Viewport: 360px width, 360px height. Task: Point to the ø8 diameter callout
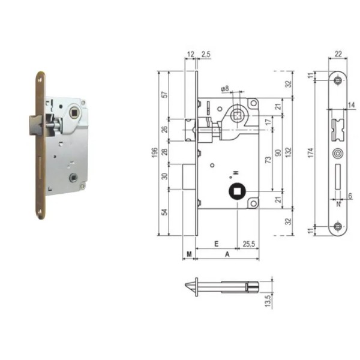225,89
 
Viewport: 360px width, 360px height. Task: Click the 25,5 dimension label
248,244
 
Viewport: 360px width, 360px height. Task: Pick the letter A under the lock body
227,254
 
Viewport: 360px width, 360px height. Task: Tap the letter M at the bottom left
188,254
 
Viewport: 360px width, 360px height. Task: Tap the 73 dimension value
266,160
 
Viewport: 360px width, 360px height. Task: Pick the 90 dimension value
277,154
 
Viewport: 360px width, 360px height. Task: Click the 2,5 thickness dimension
205,55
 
